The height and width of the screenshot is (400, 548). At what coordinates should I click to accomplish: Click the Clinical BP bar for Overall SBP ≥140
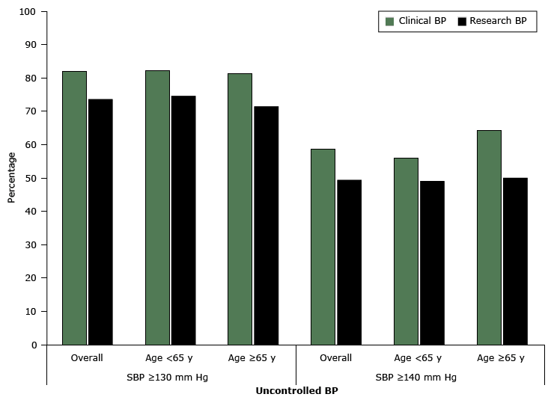(x=323, y=247)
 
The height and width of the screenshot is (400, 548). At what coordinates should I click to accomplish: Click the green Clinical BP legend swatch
(x=389, y=22)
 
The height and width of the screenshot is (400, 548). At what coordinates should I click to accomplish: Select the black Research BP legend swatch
(x=462, y=22)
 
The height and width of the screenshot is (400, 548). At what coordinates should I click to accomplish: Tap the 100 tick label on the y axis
(x=28, y=12)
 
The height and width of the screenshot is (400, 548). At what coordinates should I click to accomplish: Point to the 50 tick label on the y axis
(x=31, y=179)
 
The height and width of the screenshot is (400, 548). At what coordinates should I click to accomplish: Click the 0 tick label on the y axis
(x=33, y=345)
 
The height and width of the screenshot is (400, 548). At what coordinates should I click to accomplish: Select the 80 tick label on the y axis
(x=31, y=79)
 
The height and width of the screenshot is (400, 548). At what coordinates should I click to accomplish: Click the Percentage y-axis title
(x=11, y=178)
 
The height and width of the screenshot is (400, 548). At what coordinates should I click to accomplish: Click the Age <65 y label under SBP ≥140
(x=418, y=358)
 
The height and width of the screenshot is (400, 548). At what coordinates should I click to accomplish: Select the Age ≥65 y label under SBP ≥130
(x=252, y=358)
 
